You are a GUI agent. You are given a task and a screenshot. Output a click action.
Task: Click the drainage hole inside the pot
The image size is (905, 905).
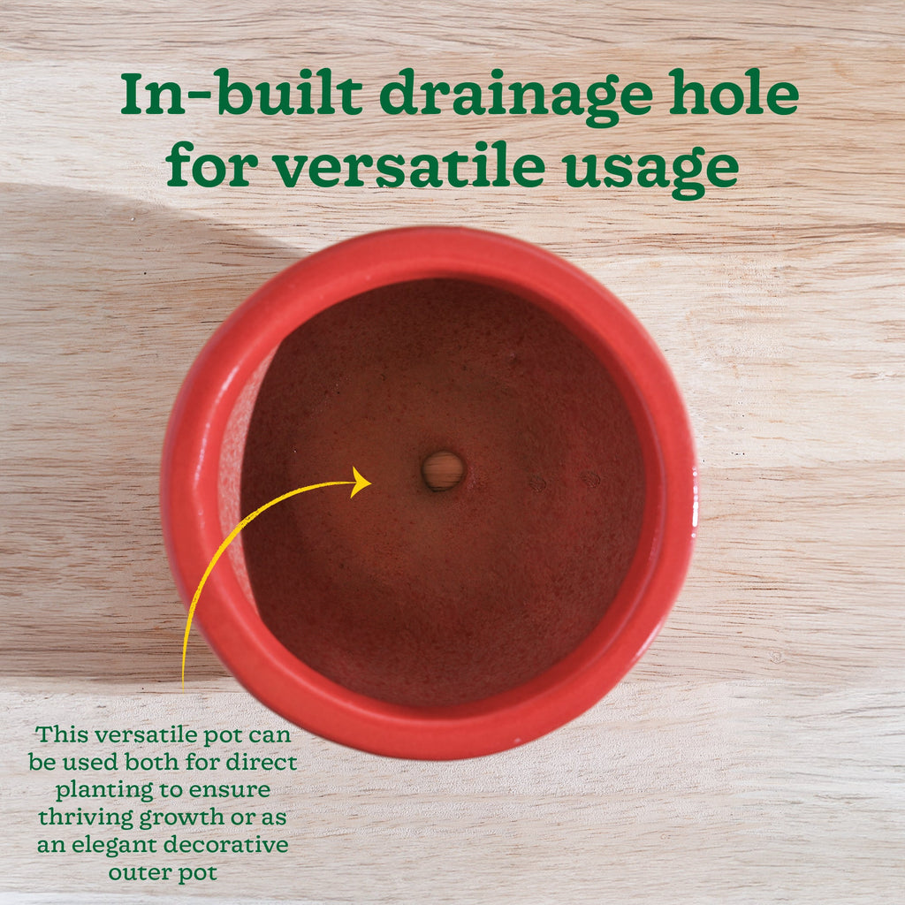point(443,470)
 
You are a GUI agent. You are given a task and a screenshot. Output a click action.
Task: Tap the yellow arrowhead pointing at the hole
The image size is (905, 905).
point(361,483)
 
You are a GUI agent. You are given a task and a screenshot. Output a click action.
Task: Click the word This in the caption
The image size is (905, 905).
point(62,734)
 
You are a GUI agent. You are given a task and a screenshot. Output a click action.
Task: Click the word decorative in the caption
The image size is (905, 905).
point(234,845)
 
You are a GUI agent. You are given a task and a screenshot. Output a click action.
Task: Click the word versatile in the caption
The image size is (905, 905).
point(151,734)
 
